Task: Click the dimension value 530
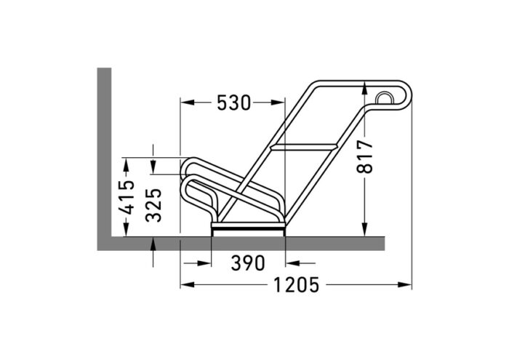tap(233, 103)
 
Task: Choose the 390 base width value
tap(248, 263)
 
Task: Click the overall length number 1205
tap(296, 284)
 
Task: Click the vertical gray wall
tap(104, 153)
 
